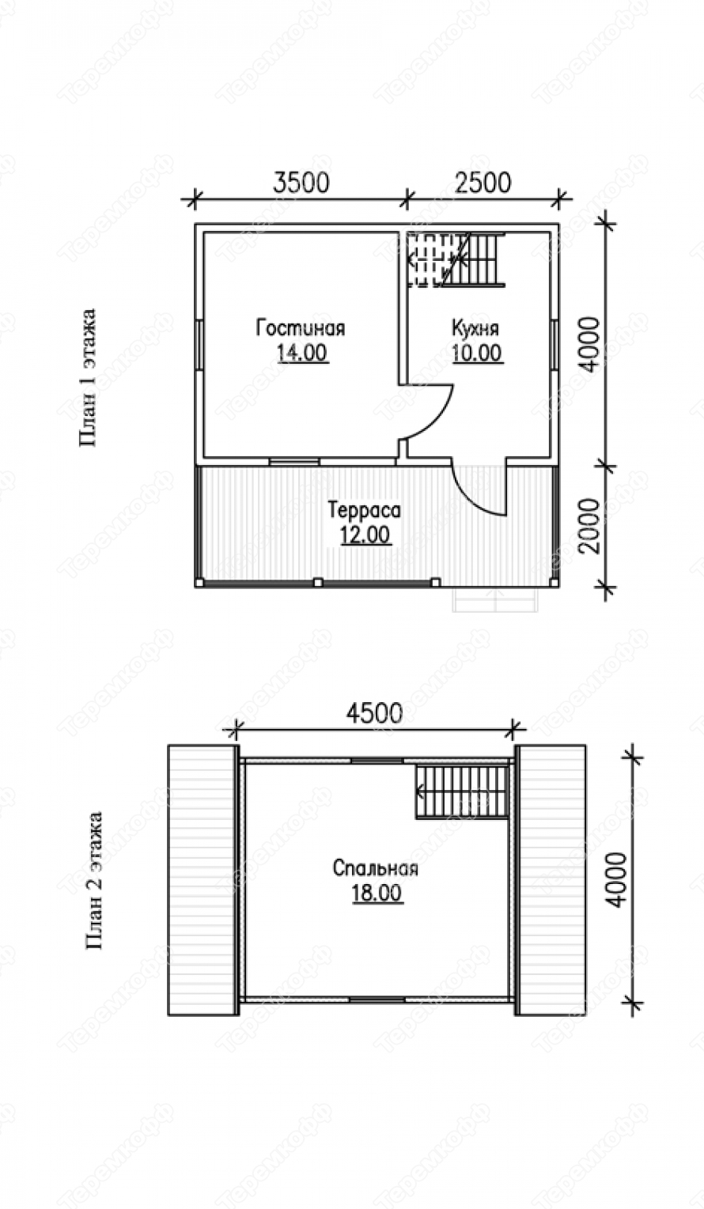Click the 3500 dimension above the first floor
click(x=301, y=182)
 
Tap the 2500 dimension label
click(x=483, y=182)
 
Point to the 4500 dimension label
click(x=375, y=712)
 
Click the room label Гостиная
click(x=300, y=328)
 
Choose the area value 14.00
click(x=302, y=353)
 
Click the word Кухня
click(x=475, y=328)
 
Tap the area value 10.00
click(x=477, y=353)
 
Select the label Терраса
click(x=365, y=510)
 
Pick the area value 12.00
click(x=365, y=535)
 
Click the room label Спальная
click(x=375, y=868)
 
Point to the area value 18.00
click(x=377, y=893)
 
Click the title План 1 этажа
click(x=88, y=377)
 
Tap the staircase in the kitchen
click(x=456, y=259)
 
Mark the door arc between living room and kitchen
click(x=441, y=416)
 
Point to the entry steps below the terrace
click(x=497, y=599)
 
